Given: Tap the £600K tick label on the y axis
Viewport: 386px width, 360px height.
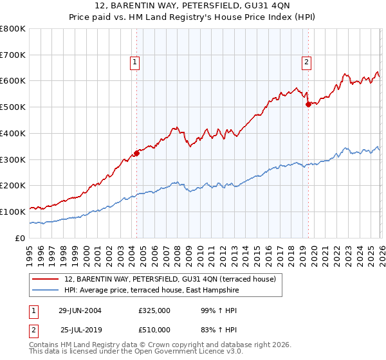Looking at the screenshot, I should click(13, 81).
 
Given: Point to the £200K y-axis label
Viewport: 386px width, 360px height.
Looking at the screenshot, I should click(13, 185).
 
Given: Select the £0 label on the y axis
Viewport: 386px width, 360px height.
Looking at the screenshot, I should click(21, 238).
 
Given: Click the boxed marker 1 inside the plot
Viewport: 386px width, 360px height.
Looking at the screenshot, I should click(135, 62).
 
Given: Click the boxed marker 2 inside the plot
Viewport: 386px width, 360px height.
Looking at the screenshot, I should click(306, 62).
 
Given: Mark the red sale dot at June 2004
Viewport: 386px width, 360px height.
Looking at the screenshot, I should click(136, 153).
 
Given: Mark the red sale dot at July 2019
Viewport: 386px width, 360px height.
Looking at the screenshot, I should click(308, 104).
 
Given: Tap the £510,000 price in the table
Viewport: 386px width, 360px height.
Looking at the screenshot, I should click(154, 330).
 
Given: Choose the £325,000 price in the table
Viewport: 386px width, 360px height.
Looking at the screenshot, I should click(154, 310).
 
